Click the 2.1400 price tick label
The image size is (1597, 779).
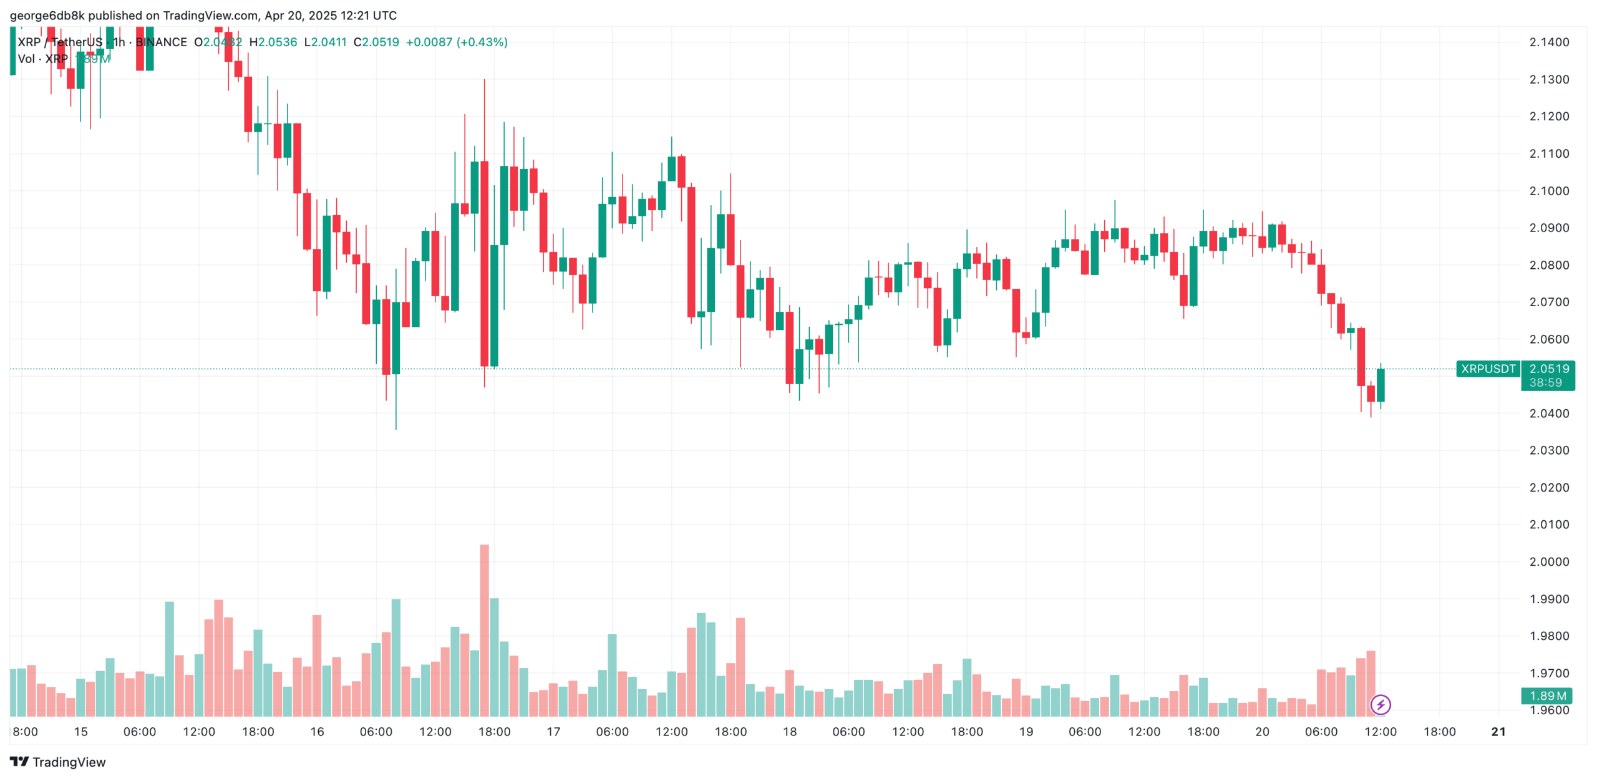click(x=1548, y=42)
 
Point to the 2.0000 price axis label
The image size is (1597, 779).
click(x=1548, y=562)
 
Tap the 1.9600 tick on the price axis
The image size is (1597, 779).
click(x=1548, y=710)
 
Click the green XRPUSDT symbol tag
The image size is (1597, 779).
click(x=1487, y=369)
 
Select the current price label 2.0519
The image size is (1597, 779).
click(x=1548, y=369)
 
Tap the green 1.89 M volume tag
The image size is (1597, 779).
click(x=1546, y=695)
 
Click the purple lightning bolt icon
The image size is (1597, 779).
click(x=1380, y=705)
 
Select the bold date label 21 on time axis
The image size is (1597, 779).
click(x=1498, y=732)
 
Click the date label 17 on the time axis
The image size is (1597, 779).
click(x=553, y=732)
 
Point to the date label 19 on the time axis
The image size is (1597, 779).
click(x=1026, y=732)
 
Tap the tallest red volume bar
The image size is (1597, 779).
click(x=484, y=630)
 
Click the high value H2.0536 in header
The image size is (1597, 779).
click(x=273, y=42)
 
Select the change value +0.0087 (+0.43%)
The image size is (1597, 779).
click(x=457, y=42)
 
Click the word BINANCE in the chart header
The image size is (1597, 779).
click(x=161, y=42)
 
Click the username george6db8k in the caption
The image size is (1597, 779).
click(x=47, y=16)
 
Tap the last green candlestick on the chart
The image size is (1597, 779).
click(x=1381, y=385)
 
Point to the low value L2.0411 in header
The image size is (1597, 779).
click(x=325, y=42)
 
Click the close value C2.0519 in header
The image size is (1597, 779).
click(x=376, y=42)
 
